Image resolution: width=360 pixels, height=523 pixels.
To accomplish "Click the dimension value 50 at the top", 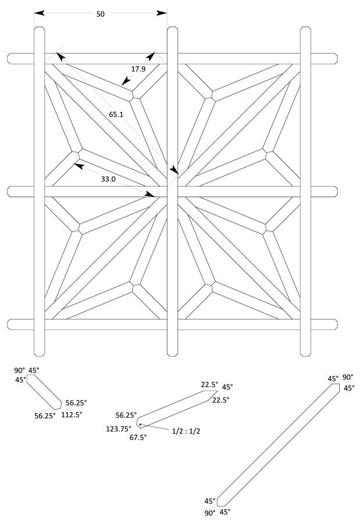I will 101,15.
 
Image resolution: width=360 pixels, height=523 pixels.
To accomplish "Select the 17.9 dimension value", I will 138,69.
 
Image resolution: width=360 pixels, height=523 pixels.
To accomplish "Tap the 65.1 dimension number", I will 116,114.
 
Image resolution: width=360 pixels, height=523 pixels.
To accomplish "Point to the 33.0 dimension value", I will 108,180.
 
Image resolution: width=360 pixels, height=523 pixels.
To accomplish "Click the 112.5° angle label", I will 73,415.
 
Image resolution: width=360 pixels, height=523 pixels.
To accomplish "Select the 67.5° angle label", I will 138,437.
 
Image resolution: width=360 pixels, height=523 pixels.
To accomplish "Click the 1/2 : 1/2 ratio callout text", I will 187,431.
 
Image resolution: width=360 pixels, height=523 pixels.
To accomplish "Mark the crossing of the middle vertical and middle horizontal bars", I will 172,191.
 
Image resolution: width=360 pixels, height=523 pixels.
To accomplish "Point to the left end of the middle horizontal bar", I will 11,191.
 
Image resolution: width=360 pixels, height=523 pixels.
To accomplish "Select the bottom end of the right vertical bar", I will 306,352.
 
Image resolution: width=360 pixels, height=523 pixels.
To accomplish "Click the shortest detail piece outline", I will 45,392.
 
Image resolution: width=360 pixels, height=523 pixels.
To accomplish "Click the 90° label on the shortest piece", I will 20,370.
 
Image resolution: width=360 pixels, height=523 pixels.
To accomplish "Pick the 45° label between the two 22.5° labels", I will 227,387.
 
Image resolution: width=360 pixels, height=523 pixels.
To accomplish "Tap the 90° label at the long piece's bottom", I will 210,513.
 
